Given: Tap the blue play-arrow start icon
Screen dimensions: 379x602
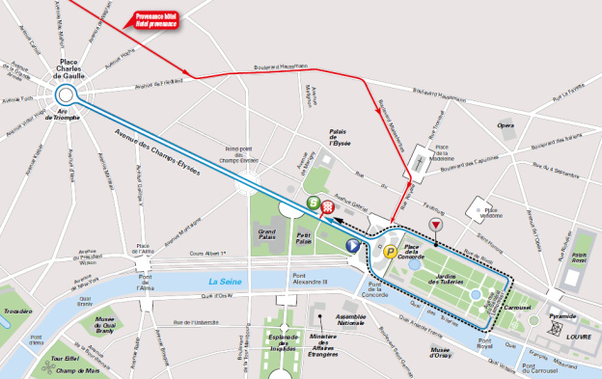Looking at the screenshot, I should (x=353, y=246).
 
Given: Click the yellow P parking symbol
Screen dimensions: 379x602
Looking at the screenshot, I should (x=391, y=253).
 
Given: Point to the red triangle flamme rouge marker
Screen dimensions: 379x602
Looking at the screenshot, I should (x=436, y=225).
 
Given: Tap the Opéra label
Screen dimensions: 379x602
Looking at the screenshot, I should (x=506, y=124).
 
